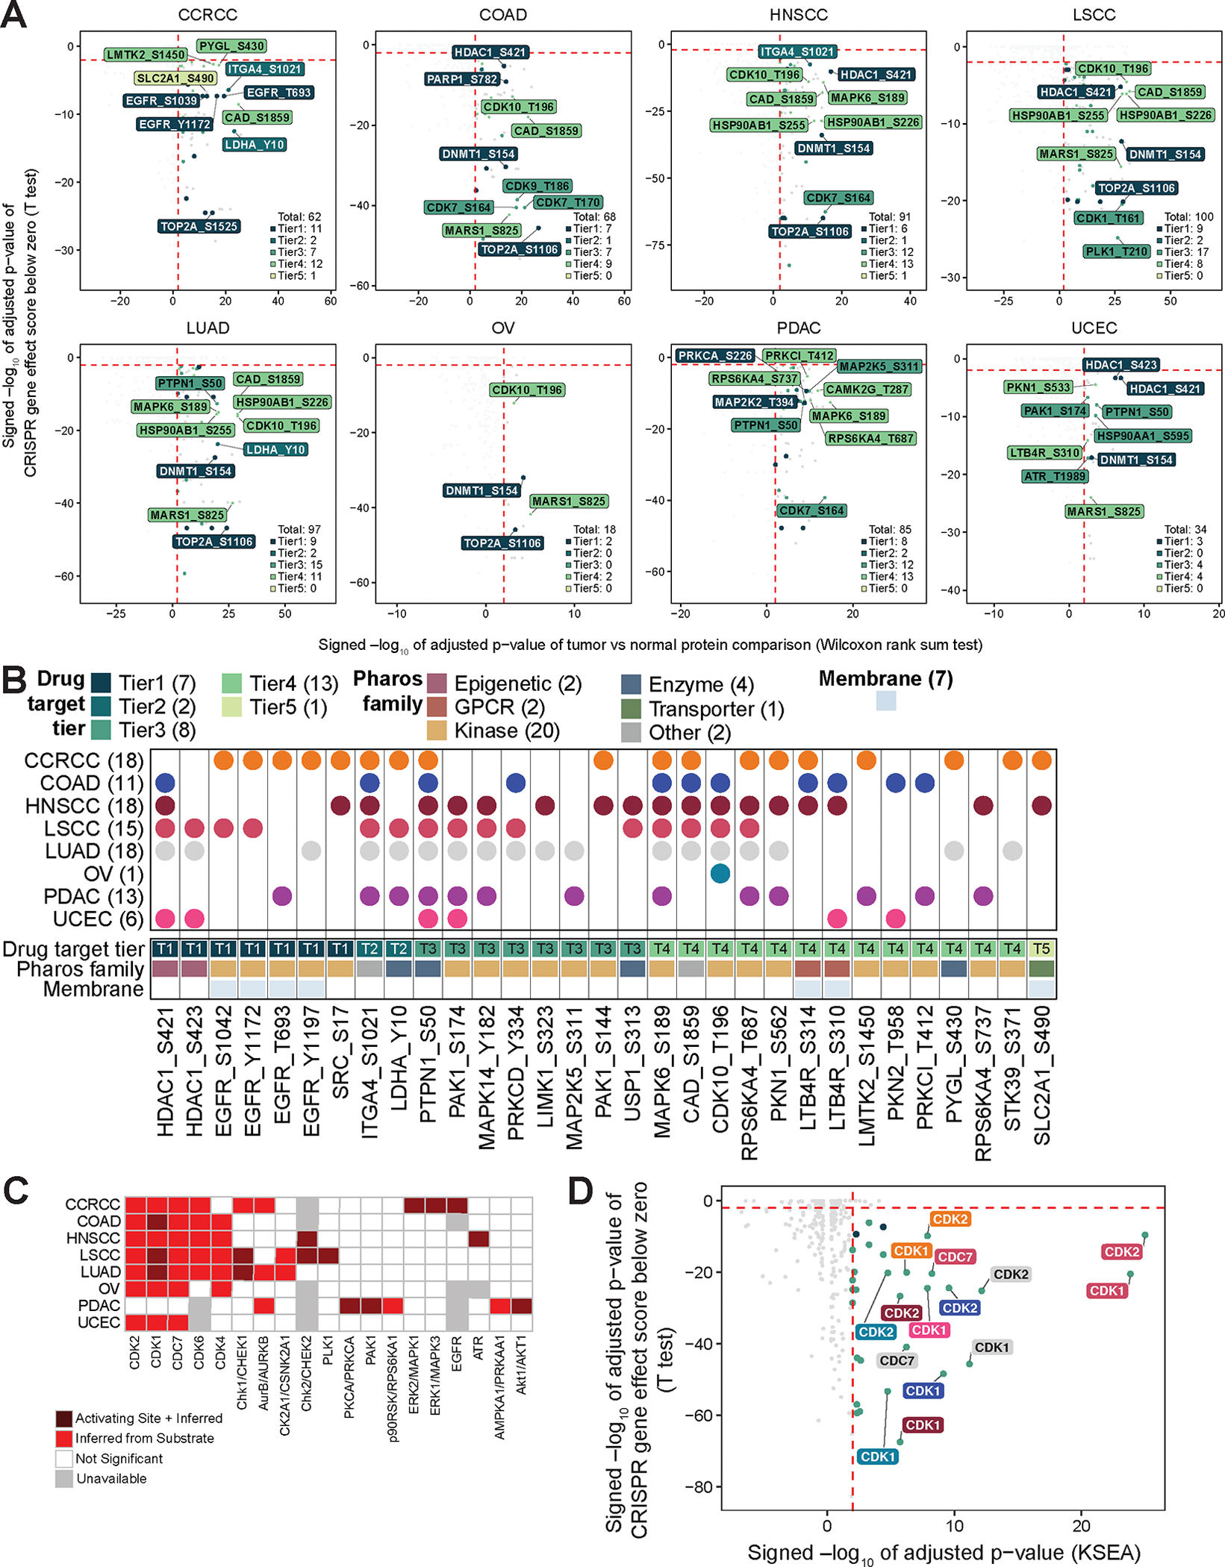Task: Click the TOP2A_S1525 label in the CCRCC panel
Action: pos(199,226)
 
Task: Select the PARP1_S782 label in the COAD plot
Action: pos(461,79)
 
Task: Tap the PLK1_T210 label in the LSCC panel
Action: pos(1117,251)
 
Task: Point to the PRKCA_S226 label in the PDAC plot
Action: pos(715,356)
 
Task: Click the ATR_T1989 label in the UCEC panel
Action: pos(1055,476)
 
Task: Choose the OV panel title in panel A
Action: pos(502,328)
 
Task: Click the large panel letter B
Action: pos(15,681)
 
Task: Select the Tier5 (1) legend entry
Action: pos(288,707)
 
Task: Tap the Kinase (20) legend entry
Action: pos(507,731)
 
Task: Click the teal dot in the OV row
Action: pos(720,873)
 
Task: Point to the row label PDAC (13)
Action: pos(93,896)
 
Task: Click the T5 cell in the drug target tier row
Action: pos(1041,948)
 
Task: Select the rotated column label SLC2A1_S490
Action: pos(1041,1075)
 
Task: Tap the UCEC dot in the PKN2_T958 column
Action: pos(895,919)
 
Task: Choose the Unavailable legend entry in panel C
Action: pos(111,1478)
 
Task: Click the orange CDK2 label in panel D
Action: pos(950,1219)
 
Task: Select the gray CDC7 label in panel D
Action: pos(897,1360)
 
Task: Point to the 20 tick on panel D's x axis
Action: pos(1081,1526)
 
